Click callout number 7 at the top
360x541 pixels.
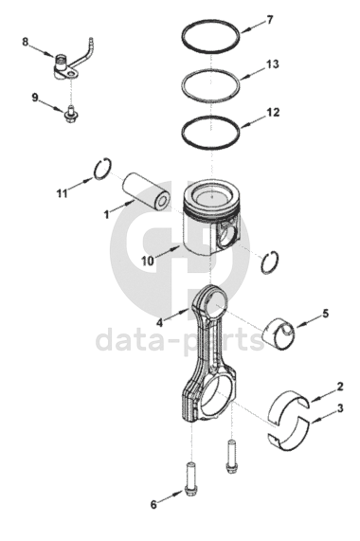[x=269, y=20]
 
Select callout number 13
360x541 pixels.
[x=273, y=64]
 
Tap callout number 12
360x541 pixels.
[x=273, y=113]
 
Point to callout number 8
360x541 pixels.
[x=25, y=42]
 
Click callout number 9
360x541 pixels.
[x=35, y=98]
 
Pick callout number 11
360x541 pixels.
[x=63, y=193]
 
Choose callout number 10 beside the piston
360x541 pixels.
[x=148, y=261]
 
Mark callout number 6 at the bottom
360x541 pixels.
[x=153, y=504]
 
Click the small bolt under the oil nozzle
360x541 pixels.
[x=71, y=115]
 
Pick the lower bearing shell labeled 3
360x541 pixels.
[x=290, y=436]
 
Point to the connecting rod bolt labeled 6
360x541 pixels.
[x=190, y=478]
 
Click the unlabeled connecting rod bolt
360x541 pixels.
[x=231, y=456]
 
